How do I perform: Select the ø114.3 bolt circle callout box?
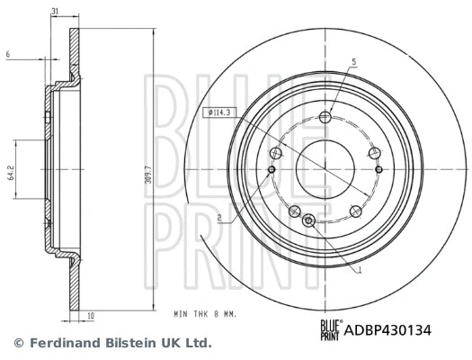220,112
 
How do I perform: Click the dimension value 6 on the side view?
7,56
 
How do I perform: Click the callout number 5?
353,61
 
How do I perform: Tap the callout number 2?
218,219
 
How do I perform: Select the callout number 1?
360,270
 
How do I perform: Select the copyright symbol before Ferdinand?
18,343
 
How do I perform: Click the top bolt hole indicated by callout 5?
325,116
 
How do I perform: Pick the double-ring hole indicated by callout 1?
309,220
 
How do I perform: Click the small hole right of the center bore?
378,169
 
